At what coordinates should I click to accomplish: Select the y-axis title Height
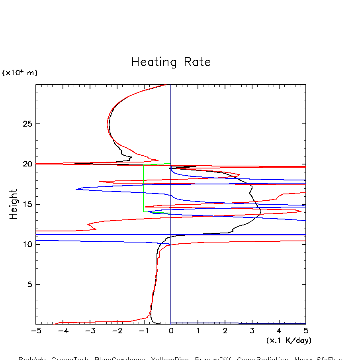(14, 204)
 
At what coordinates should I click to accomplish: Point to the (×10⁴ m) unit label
(20, 73)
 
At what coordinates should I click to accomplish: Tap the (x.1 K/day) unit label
(289, 340)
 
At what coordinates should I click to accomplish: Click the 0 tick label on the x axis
(171, 331)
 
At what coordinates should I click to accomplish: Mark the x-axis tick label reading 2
(225, 331)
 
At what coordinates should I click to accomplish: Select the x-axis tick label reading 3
(252, 331)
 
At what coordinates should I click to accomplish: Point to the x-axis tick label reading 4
(279, 331)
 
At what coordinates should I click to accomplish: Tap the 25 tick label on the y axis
(26, 124)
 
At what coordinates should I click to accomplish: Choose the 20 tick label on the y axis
(26, 164)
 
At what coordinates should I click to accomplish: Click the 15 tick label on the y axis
(26, 204)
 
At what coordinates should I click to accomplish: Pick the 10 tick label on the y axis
(26, 245)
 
